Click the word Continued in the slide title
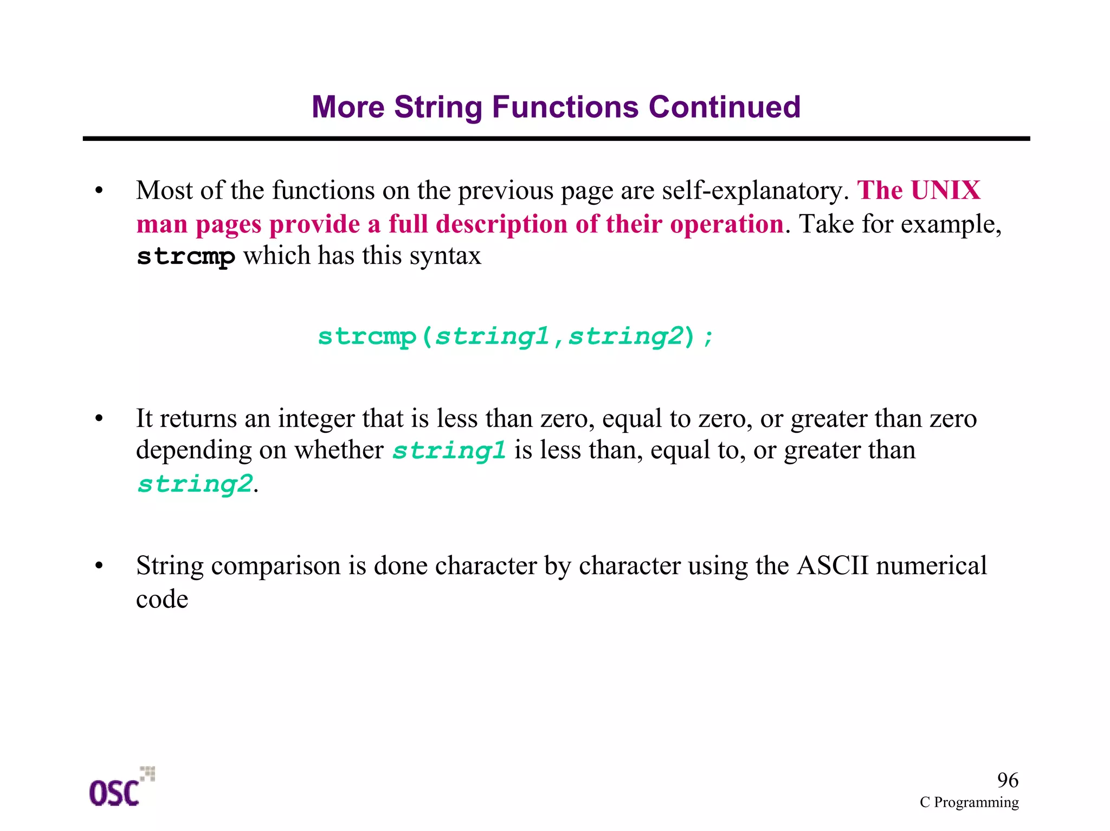click(x=724, y=107)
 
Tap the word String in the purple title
click(x=438, y=107)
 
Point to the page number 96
click(x=1008, y=780)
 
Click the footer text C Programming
click(x=969, y=802)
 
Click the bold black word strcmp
click(x=186, y=256)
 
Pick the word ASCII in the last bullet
click(x=832, y=566)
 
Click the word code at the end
click(x=162, y=599)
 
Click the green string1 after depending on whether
click(x=449, y=451)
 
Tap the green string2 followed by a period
click(x=195, y=484)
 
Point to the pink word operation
click(x=726, y=224)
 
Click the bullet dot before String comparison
click(x=99, y=566)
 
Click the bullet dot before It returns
click(x=99, y=419)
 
